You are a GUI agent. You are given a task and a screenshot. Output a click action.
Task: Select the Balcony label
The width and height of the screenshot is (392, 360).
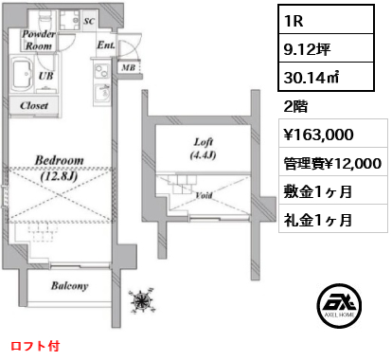point(70,286)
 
